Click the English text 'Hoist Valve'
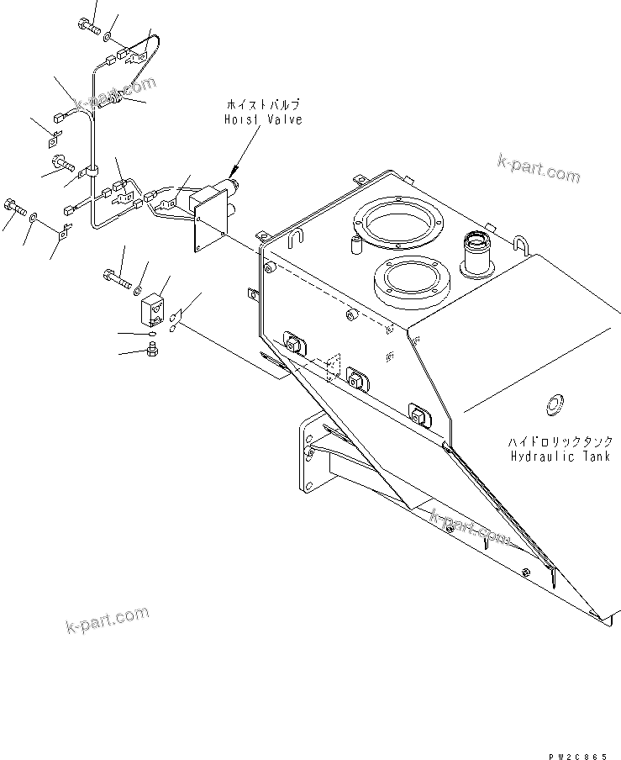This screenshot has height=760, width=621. [x=262, y=120]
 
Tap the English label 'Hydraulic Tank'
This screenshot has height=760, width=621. [x=554, y=457]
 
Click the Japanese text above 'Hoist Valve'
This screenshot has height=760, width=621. [x=262, y=105]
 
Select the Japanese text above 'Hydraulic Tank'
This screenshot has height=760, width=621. [x=554, y=441]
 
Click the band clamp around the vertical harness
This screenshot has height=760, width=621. [x=92, y=172]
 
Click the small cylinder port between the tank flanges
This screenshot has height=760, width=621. [x=354, y=245]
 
